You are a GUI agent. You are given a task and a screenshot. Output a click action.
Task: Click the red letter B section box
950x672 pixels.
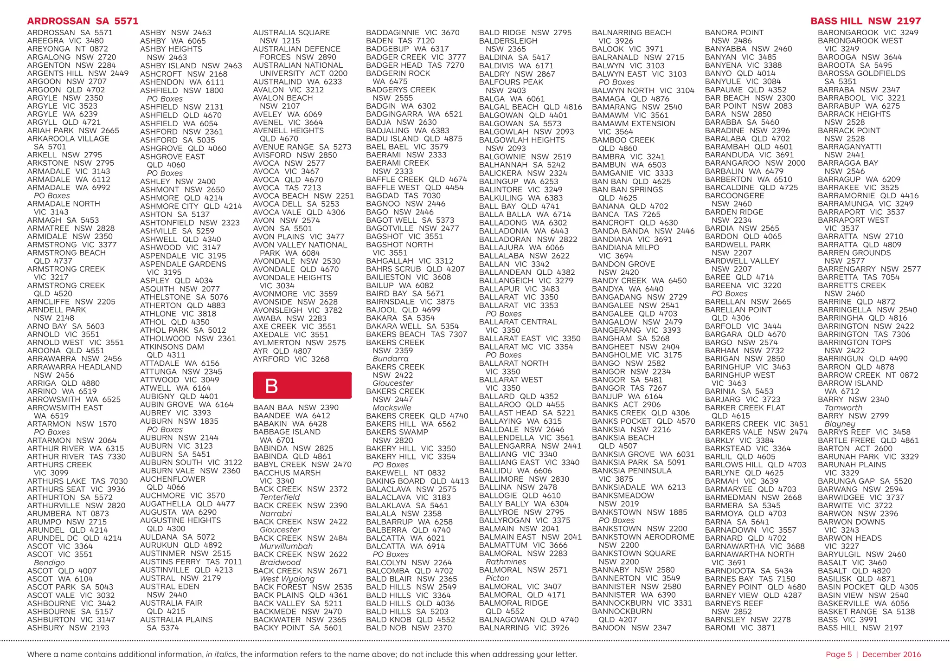pyautogui.click(x=302, y=385)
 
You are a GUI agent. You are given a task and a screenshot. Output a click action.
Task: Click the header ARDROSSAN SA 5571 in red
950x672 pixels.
pyautogui.click(x=83, y=21)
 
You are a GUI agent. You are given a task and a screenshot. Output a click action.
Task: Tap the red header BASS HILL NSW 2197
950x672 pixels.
pyautogui.click(x=866, y=21)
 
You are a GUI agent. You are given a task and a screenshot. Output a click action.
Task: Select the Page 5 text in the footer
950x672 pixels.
pyautogui.click(x=839, y=654)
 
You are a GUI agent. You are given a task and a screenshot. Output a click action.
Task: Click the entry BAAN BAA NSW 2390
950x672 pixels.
pyautogui.click(x=296, y=407)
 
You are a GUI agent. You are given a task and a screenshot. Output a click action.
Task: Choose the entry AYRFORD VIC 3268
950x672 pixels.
pyautogui.click(x=291, y=359)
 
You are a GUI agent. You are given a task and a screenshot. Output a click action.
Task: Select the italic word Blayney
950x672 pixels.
pyautogui.click(x=840, y=424)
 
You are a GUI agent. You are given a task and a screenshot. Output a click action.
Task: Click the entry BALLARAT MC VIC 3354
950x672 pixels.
pyautogui.click(x=526, y=347)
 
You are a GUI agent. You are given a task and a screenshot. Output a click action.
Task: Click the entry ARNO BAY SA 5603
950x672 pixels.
pyautogui.click(x=66, y=326)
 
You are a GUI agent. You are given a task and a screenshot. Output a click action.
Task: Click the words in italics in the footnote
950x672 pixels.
pyautogui.click(x=221, y=654)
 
